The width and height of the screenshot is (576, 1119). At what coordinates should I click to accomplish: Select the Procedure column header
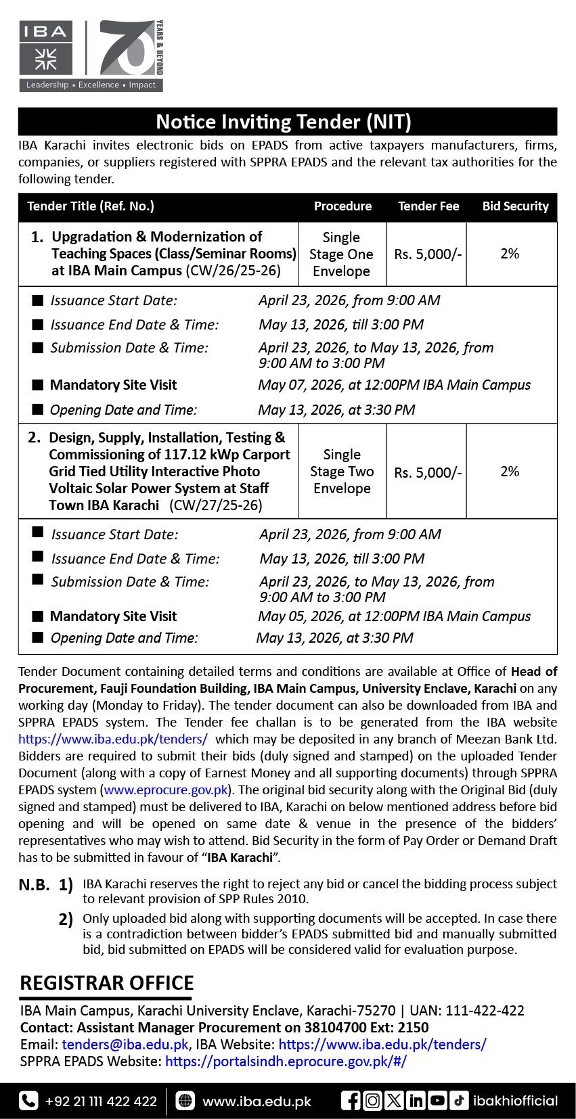(x=342, y=206)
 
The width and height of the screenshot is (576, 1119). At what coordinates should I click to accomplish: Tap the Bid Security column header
(x=515, y=206)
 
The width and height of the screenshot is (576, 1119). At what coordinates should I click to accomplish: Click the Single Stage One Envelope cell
(x=341, y=254)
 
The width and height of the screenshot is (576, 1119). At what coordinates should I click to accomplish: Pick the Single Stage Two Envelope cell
(x=342, y=472)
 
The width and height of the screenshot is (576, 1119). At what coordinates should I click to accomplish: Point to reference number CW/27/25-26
(x=216, y=505)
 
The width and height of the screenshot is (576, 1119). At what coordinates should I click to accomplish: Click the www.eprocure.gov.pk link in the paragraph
(x=166, y=790)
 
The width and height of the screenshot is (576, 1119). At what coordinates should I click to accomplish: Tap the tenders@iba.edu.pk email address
(x=125, y=1045)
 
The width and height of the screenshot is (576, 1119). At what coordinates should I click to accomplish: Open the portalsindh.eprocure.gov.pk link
(x=286, y=1061)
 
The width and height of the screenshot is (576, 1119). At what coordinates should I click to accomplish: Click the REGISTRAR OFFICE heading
(x=107, y=983)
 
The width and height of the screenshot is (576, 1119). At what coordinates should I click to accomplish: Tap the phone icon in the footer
(x=28, y=1101)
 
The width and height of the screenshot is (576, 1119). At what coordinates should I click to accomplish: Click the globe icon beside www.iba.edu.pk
(x=185, y=1101)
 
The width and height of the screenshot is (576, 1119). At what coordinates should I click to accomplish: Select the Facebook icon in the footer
(x=351, y=1101)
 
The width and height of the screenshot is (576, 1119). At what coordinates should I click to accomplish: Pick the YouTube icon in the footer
(x=437, y=1101)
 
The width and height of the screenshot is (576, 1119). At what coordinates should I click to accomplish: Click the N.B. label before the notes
(x=34, y=885)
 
